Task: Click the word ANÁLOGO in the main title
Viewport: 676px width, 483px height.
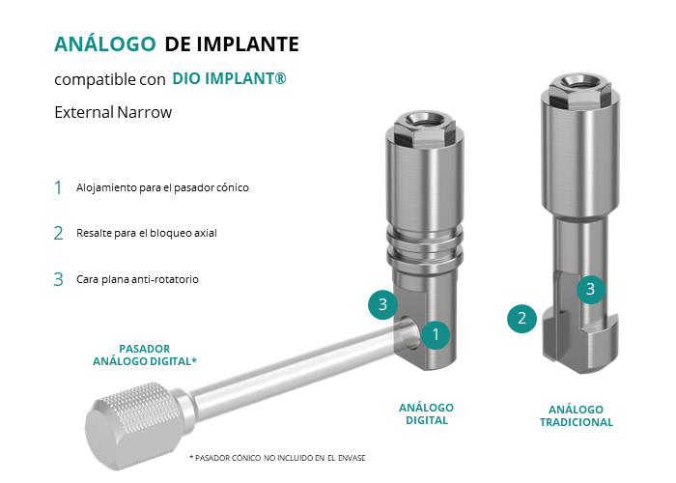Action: (x=104, y=43)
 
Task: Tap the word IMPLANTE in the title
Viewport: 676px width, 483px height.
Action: (x=247, y=44)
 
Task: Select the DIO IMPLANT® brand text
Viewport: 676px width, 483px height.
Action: (x=229, y=78)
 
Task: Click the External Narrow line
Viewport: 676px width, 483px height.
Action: (x=113, y=112)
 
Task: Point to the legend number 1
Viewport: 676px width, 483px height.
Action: (x=58, y=187)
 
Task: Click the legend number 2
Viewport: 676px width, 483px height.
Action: (x=58, y=234)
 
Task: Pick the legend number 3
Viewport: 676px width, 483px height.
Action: (x=58, y=279)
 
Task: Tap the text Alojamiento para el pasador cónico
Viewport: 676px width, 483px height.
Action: (x=162, y=187)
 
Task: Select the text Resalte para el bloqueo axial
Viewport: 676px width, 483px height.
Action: (x=147, y=233)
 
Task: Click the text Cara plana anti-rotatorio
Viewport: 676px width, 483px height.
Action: (x=137, y=279)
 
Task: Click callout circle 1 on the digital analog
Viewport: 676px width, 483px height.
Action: (x=436, y=334)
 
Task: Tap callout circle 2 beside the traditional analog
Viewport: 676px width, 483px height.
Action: (x=521, y=319)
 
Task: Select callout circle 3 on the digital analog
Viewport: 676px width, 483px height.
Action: (x=382, y=304)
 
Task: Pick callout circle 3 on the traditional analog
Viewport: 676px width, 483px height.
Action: (x=591, y=289)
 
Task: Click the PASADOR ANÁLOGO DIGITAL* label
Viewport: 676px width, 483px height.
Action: (x=145, y=355)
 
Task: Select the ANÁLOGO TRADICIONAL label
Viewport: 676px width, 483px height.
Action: (x=577, y=415)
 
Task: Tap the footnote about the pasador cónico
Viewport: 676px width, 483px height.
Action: (x=277, y=458)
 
